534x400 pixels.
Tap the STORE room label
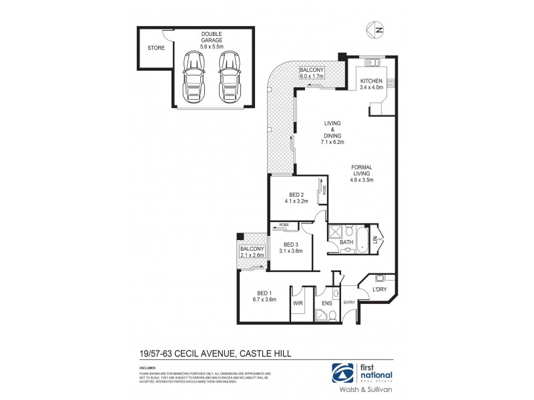point(156,47)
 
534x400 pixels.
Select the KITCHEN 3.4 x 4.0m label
point(372,83)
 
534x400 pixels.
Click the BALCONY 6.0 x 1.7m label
point(311,73)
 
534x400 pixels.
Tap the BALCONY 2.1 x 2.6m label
point(252,251)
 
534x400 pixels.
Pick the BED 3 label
point(291,248)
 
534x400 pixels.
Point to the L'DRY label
point(380,288)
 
